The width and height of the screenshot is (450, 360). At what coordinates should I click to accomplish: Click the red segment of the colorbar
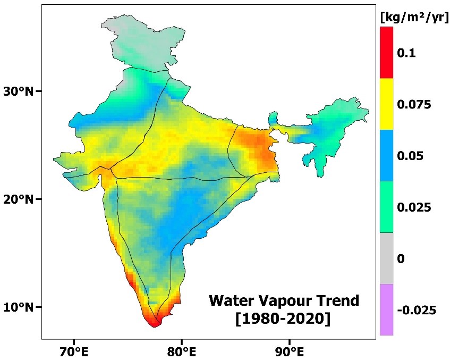[x=386, y=53]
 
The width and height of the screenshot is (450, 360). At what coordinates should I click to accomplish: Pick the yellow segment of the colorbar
[x=386, y=104]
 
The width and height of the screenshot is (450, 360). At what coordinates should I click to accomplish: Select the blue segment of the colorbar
[x=386, y=155]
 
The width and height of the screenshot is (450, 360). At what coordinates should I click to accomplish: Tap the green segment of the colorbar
[x=386, y=207]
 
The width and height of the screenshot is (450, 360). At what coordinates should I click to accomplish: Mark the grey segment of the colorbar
[x=386, y=258]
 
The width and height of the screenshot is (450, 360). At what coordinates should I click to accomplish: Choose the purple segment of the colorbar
[x=386, y=309]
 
